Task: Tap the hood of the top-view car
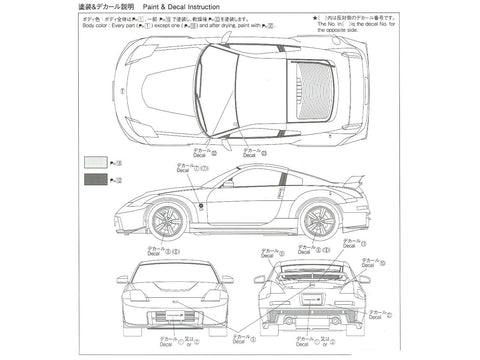(165, 78)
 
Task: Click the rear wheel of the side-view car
(318, 221)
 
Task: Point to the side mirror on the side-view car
(227, 184)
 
